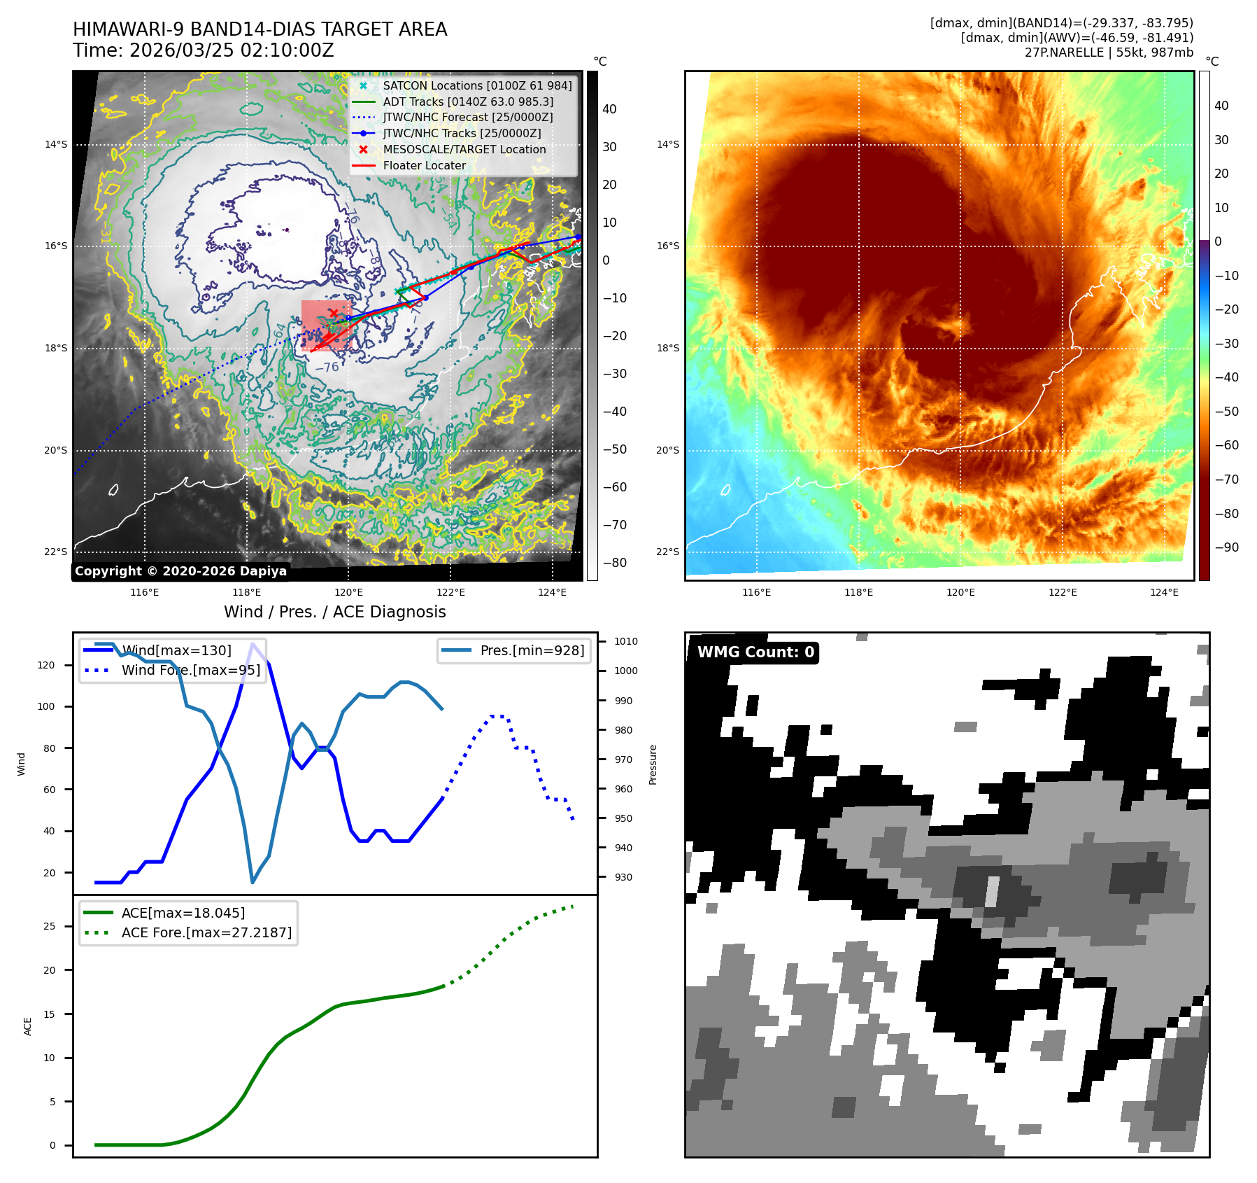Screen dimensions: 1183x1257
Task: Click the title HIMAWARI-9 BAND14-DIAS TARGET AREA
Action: [x=260, y=29]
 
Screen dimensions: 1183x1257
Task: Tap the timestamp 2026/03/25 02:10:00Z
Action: [x=232, y=50]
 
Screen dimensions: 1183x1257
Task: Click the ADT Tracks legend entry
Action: [x=467, y=101]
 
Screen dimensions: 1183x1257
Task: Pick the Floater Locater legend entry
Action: [x=424, y=165]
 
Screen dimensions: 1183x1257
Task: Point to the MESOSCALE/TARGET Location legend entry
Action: [x=464, y=149]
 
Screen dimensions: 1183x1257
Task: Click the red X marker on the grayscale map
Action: [x=334, y=313]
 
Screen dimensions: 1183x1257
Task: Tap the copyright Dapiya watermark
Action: [x=180, y=571]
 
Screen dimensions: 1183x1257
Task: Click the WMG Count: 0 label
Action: [x=755, y=652]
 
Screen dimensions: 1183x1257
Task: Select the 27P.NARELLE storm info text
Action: [x=1109, y=52]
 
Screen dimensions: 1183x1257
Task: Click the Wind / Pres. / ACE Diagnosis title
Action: [x=334, y=612]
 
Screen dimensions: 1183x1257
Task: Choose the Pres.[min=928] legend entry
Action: [x=532, y=650]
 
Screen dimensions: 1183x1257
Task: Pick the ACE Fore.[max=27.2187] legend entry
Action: [x=206, y=932]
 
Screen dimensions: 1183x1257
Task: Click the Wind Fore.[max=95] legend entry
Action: [x=190, y=670]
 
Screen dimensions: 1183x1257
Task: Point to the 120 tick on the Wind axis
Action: [x=46, y=665]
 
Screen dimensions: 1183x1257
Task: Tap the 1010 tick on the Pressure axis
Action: [x=626, y=641]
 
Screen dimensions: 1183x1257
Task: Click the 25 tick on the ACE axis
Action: [x=49, y=926]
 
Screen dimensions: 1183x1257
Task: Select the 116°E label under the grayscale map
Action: [x=145, y=592]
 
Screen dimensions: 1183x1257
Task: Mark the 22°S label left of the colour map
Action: [x=667, y=552]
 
